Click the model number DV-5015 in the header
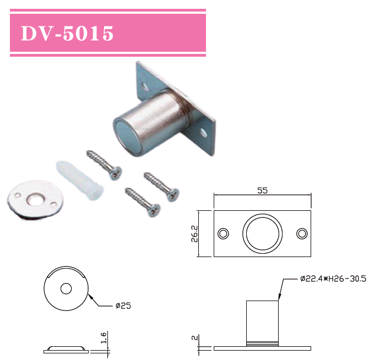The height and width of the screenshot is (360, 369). pyautogui.click(x=67, y=34)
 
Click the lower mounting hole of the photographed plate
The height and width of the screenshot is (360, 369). pyautogui.click(x=203, y=133)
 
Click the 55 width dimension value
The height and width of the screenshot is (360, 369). pyautogui.click(x=262, y=190)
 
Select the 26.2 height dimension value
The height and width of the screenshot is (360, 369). pyautogui.click(x=202, y=233)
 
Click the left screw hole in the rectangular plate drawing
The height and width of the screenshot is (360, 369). pyautogui.click(x=223, y=233)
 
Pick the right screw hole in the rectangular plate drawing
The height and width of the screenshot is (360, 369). pyautogui.click(x=301, y=233)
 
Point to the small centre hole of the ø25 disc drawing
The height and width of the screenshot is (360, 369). pyautogui.click(x=66, y=288)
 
